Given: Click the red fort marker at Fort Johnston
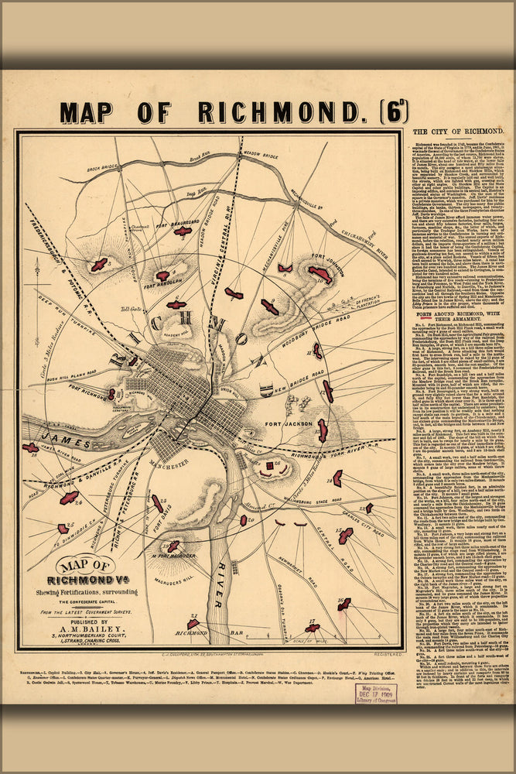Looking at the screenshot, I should pyautogui.click(x=320, y=274).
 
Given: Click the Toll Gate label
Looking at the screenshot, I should pyautogui.click(x=129, y=307).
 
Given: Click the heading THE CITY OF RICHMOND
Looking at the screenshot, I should pyautogui.click(x=458, y=132).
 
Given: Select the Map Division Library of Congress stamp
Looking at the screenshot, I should pyautogui.click(x=375, y=694).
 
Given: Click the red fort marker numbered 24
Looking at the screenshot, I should pyautogui.click(x=69, y=498).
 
